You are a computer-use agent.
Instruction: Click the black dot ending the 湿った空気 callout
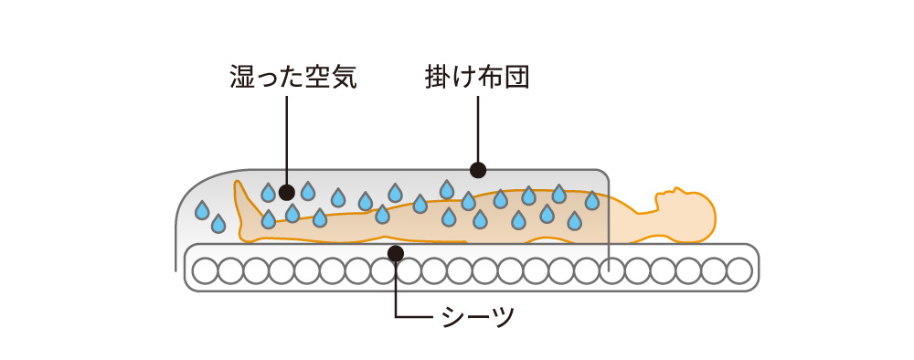point(287,192)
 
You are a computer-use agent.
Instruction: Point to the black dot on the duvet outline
point(477,170)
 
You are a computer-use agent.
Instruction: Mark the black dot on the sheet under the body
point(396,252)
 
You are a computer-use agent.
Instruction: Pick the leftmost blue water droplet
point(202,210)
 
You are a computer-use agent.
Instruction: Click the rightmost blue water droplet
point(591,200)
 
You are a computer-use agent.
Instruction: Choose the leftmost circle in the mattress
point(205,270)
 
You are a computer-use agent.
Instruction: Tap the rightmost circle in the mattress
point(739,270)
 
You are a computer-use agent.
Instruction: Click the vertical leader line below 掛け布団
point(477,128)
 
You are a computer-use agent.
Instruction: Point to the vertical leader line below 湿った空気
point(287,137)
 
